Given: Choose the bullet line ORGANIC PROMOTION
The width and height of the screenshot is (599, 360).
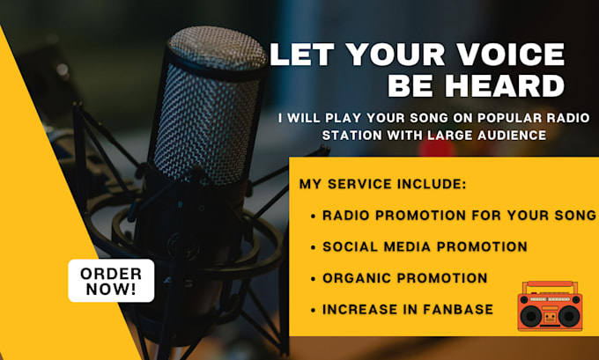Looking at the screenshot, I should (404, 278).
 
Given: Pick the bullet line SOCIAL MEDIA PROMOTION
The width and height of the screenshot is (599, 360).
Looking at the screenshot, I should (425, 246).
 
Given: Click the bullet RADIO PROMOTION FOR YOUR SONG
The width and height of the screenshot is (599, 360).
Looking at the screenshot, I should (459, 216).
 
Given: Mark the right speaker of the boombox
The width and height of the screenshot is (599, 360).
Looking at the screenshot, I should (569, 314).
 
